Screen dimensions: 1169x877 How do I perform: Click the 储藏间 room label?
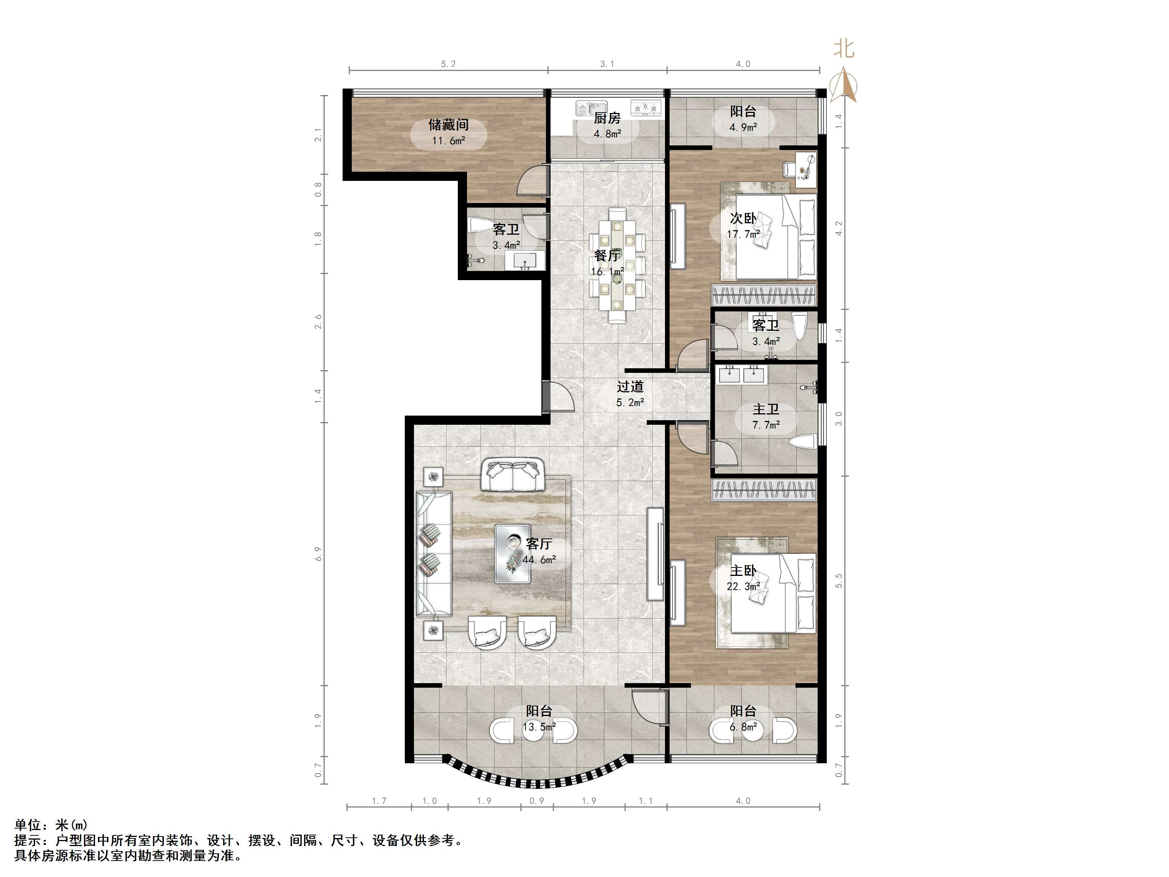[448, 125]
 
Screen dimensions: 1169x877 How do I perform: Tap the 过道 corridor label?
[630, 387]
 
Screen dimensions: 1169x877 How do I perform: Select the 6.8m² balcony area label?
[743, 727]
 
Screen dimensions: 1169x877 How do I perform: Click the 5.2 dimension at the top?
[448, 64]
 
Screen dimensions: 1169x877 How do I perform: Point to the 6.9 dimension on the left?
[317, 553]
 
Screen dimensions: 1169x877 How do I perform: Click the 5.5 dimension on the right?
[839, 580]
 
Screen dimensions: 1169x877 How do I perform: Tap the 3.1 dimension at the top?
[607, 64]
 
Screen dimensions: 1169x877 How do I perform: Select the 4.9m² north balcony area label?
[743, 127]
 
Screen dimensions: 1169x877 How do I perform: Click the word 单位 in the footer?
[27, 825]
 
